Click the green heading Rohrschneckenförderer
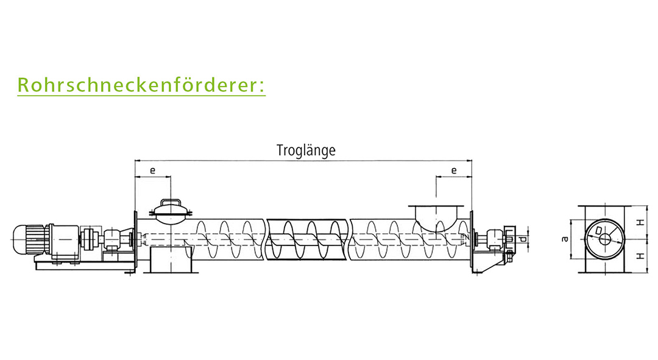click(141, 85)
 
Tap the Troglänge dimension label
click(306, 150)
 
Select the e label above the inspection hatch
click(152, 171)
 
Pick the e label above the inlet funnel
click(454, 171)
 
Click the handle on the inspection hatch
click(171, 202)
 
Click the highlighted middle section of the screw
click(308, 239)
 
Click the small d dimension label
click(523, 239)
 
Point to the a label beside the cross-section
click(565, 239)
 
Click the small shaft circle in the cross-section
click(605, 239)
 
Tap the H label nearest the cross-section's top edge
click(640, 223)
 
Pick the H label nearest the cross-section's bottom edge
click(640, 256)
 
